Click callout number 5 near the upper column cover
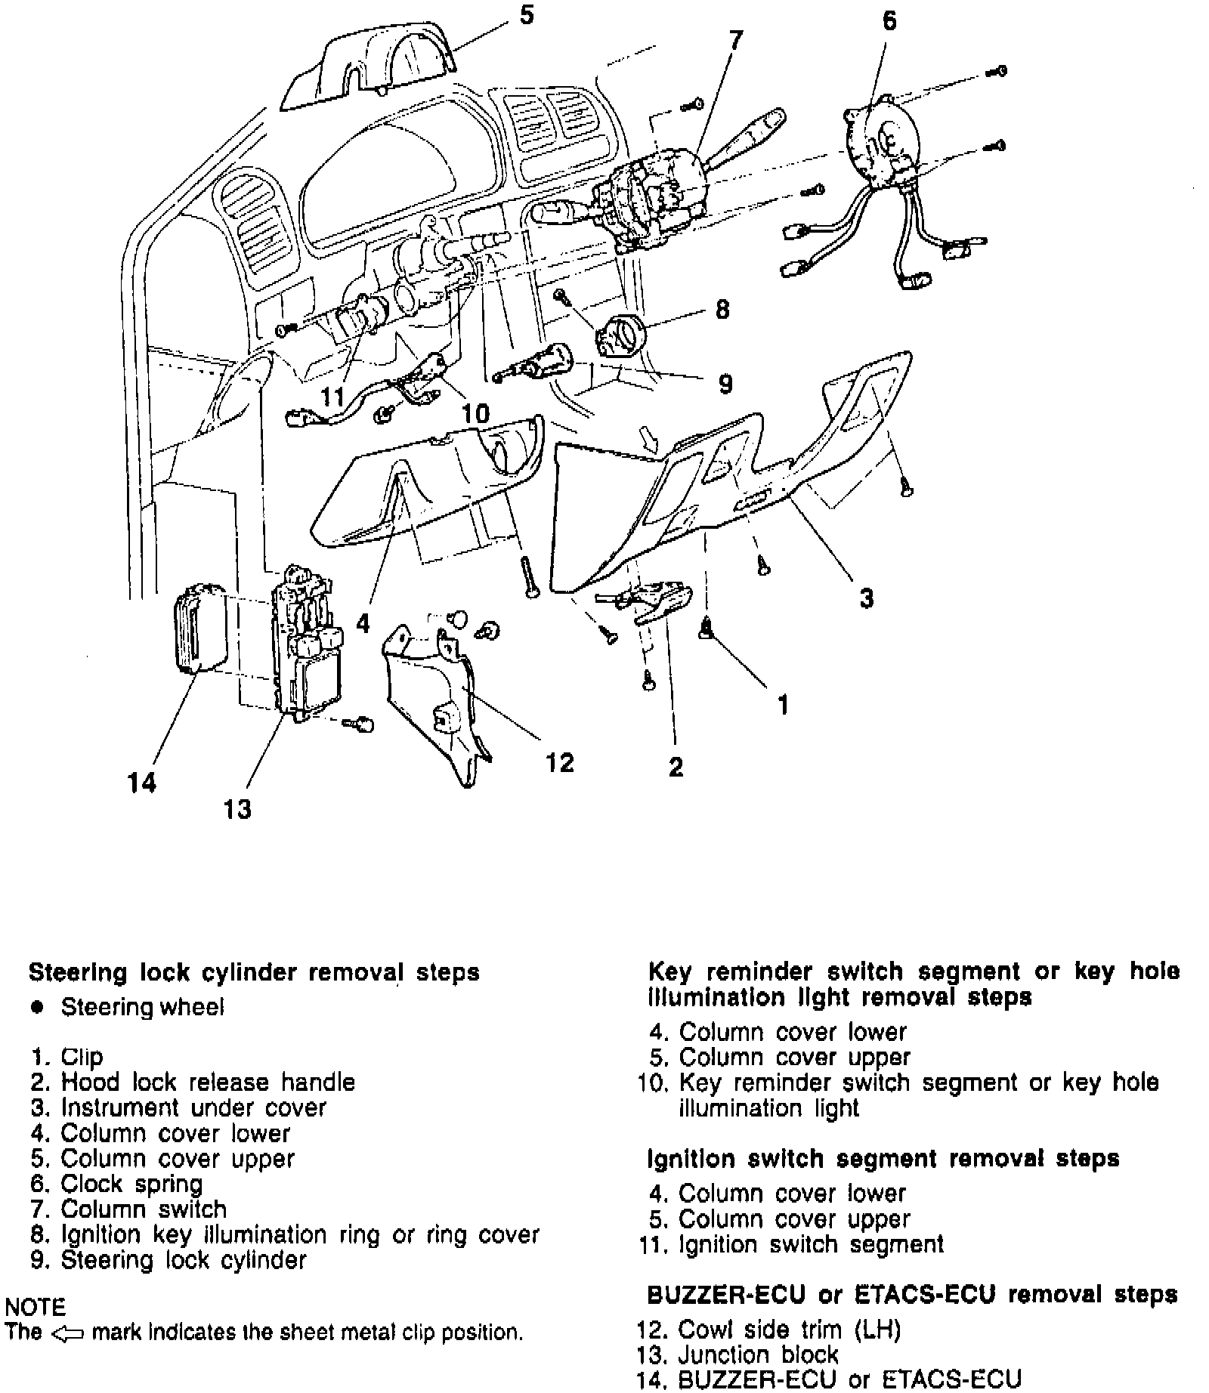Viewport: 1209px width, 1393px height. point(527,14)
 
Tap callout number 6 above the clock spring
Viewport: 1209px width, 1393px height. point(889,21)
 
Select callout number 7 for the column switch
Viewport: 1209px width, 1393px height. point(735,40)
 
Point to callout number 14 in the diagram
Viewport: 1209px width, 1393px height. point(141,783)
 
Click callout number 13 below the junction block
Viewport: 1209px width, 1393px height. point(237,809)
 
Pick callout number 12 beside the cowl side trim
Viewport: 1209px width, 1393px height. point(560,762)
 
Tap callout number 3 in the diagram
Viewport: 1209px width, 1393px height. point(866,598)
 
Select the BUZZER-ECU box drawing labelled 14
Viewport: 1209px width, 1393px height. point(199,627)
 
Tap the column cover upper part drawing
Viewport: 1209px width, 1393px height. point(370,68)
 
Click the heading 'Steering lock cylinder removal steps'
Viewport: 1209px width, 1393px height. point(254,971)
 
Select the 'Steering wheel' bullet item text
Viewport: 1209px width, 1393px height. point(142,1007)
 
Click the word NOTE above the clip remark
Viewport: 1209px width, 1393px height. point(35,1306)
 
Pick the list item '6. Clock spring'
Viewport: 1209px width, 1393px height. point(116,1184)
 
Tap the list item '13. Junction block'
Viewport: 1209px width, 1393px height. point(738,1354)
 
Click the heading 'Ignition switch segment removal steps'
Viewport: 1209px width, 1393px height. point(883,1158)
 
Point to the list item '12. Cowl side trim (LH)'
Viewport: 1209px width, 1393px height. point(769,1329)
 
